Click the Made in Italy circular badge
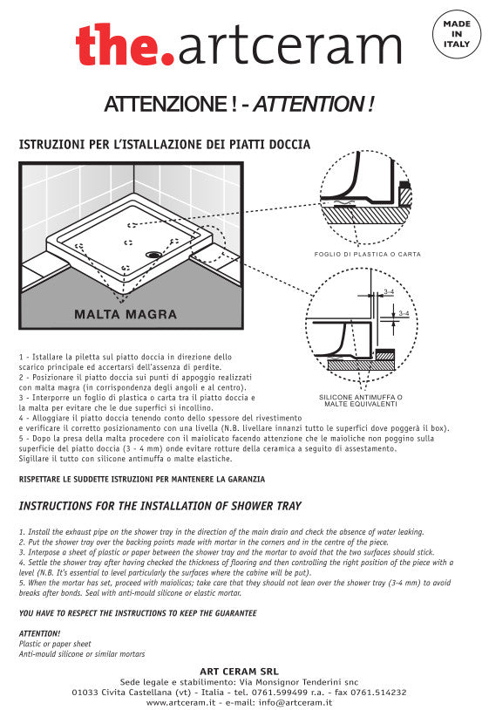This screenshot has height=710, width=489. click(456, 35)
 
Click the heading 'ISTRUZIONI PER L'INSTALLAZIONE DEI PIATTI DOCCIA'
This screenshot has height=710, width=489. click(165, 144)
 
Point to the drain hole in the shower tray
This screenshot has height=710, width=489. click(154, 255)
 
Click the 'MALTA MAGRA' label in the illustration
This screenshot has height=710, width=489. click(126, 314)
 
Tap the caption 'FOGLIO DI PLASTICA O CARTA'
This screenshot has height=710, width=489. click(367, 254)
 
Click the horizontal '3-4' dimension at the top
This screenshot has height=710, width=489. click(390, 293)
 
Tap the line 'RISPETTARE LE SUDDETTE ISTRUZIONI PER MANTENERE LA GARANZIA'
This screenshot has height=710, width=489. click(142, 479)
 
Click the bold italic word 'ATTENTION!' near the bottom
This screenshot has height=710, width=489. click(39, 633)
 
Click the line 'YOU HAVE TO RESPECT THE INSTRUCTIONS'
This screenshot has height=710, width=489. click(138, 613)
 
